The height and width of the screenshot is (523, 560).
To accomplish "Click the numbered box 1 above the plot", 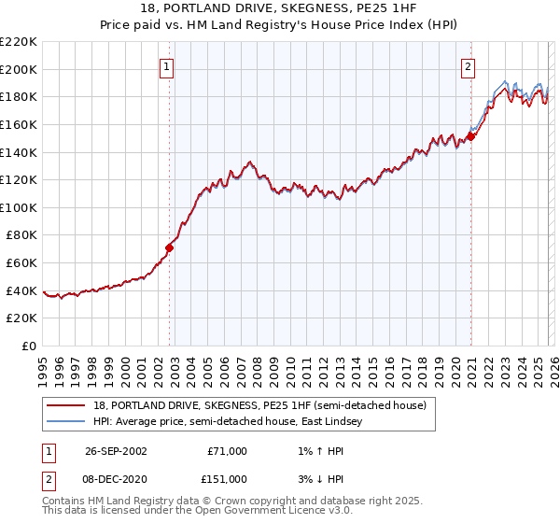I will coord(166,66).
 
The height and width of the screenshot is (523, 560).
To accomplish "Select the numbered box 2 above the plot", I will coord(468,66).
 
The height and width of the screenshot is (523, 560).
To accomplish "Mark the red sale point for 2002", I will coord(170,247).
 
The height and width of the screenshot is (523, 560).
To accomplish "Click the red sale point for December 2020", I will coord(471,136).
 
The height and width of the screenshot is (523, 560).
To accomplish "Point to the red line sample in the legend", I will coord(66,406).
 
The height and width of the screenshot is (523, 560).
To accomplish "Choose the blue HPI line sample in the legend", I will coord(66,422).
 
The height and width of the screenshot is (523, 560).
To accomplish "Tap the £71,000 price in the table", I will coord(228,451).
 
